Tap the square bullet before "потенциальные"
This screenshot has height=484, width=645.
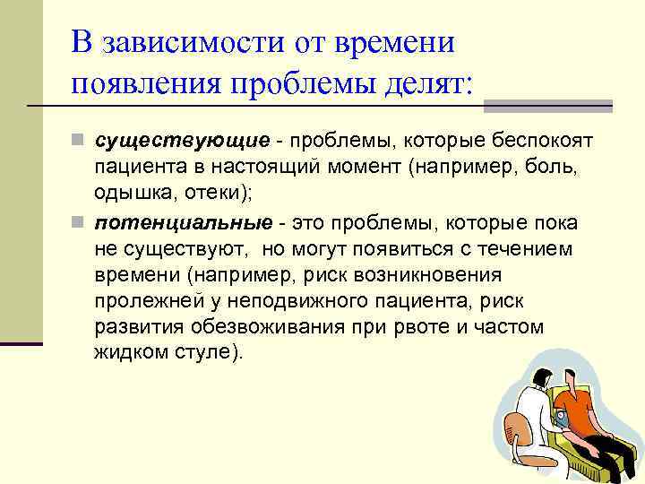click(x=80, y=222)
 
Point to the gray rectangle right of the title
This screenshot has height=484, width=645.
click(x=546, y=106)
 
